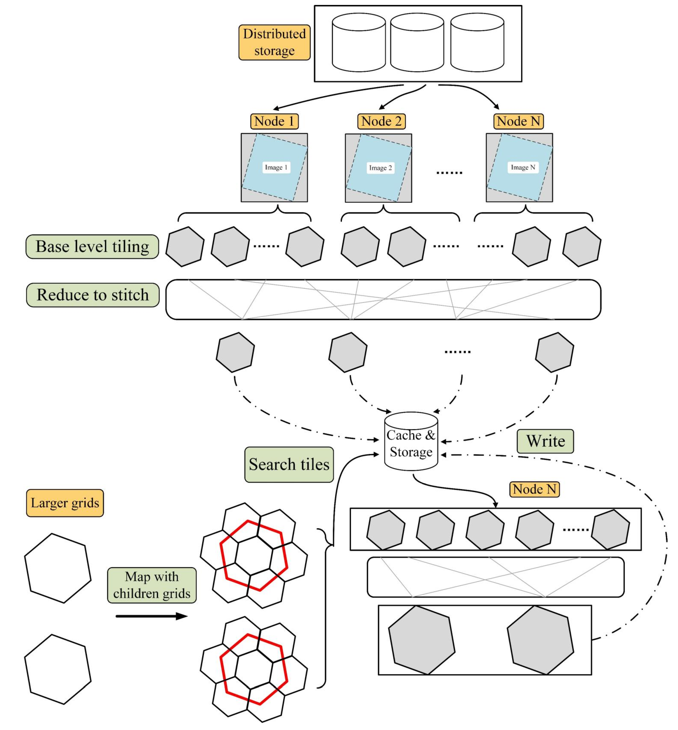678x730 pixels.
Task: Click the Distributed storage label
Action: click(274, 42)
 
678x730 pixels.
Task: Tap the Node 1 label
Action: click(274, 121)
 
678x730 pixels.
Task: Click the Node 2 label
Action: click(382, 121)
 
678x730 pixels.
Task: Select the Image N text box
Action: click(523, 167)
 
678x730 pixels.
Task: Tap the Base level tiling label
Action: click(92, 246)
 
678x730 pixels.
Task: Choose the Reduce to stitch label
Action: click(93, 295)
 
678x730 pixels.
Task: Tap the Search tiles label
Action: click(289, 464)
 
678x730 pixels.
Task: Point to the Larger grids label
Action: click(65, 503)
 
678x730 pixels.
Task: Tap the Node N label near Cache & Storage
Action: click(534, 489)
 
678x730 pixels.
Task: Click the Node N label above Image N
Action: click(518, 121)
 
